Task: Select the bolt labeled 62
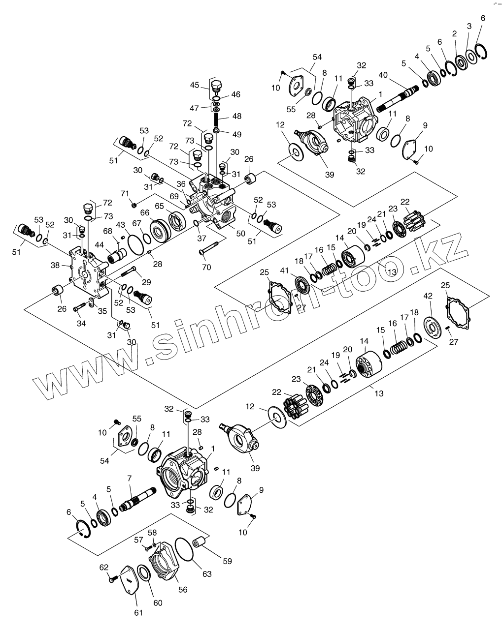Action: pyautogui.click(x=112, y=578)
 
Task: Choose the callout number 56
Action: pyautogui.click(x=183, y=590)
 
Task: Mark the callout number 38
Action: pyautogui.click(x=55, y=266)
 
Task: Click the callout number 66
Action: pyautogui.click(x=145, y=212)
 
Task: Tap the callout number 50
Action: pyautogui.click(x=240, y=233)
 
